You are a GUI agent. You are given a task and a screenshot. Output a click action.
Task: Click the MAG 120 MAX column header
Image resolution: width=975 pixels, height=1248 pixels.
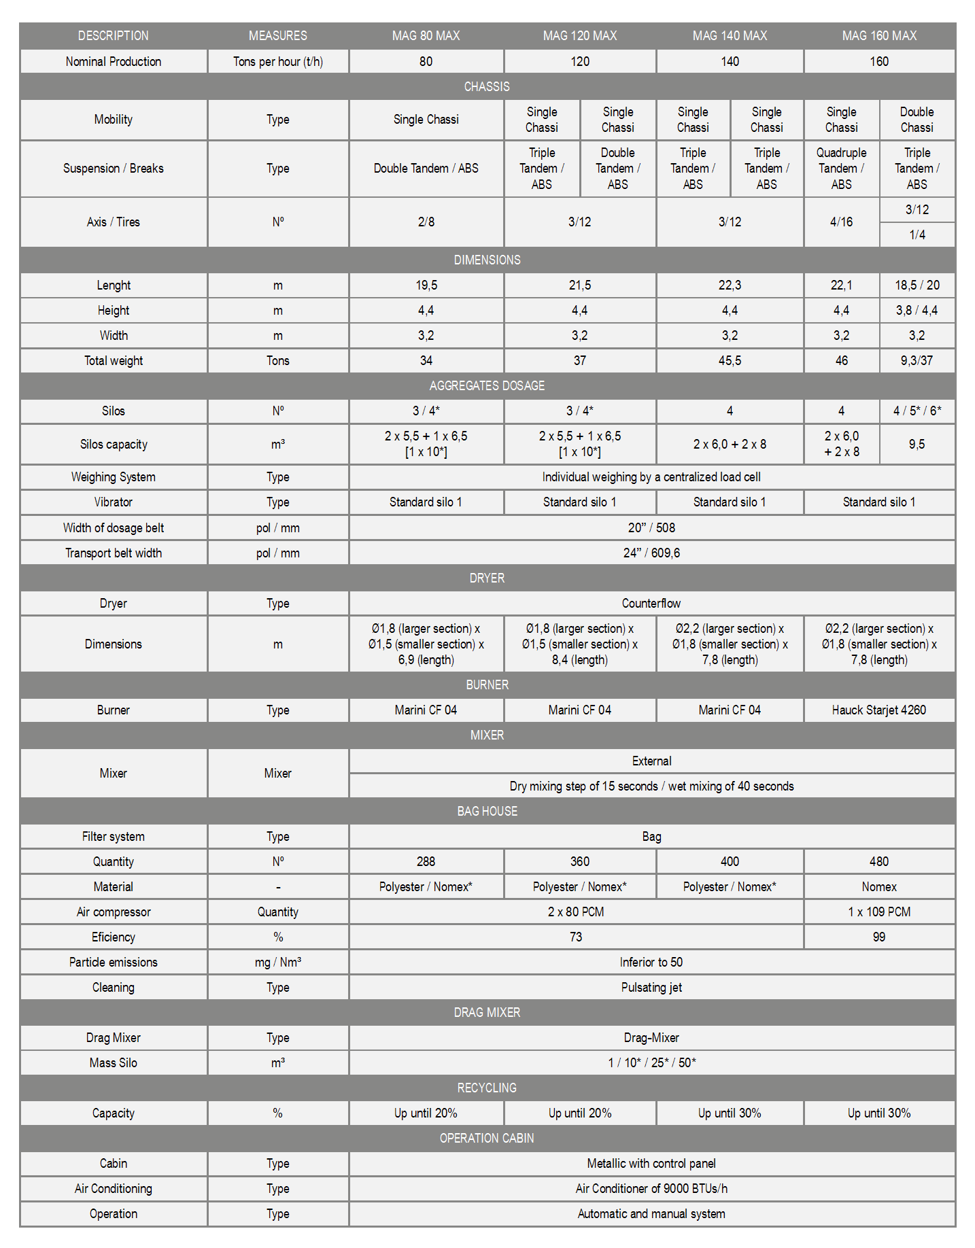pos(579,35)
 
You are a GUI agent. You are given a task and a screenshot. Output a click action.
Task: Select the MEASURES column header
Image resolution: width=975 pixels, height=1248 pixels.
pos(277,35)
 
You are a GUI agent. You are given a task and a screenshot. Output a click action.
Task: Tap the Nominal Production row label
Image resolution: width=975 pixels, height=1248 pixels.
pos(114,61)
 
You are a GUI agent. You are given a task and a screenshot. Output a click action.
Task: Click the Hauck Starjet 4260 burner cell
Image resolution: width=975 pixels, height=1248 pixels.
pos(878,710)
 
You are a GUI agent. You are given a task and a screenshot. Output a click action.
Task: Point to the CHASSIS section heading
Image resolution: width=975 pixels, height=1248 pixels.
pos(487,86)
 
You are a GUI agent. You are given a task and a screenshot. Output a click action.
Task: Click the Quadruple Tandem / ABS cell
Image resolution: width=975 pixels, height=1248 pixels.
pos(841,169)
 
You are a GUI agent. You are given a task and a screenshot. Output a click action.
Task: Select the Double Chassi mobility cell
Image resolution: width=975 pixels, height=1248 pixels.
pos(917,120)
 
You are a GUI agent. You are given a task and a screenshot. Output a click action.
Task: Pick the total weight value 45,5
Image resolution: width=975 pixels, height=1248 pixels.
pos(730,360)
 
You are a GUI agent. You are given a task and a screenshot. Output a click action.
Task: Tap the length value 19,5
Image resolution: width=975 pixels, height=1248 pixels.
pos(426,285)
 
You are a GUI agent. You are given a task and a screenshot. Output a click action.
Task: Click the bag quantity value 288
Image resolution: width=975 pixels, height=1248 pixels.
pos(426,861)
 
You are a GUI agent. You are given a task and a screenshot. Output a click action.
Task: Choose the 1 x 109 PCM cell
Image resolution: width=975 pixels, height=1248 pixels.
pos(878,912)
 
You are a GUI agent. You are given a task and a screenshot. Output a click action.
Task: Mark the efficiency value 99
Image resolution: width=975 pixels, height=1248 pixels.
pos(878,937)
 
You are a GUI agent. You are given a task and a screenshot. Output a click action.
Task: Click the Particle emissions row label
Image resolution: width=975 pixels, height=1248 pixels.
pos(114,962)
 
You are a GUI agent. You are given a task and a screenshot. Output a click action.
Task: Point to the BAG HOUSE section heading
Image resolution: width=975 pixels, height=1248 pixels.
pos(487,811)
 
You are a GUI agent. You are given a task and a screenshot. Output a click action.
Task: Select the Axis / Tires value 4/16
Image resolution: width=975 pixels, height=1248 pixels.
pos(841,222)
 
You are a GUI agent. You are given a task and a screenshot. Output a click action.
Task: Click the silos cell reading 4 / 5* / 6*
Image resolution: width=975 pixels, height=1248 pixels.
pos(917,411)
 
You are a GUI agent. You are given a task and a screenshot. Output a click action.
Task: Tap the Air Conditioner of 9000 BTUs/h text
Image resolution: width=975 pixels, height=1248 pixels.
pos(651,1188)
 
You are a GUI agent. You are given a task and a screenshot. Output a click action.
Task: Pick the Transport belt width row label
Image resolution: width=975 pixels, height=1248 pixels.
pos(114,553)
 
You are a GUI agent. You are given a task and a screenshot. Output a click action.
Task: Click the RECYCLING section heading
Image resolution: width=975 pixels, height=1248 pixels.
pos(487,1088)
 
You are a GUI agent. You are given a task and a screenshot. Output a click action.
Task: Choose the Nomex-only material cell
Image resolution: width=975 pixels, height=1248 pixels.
pos(878,886)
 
